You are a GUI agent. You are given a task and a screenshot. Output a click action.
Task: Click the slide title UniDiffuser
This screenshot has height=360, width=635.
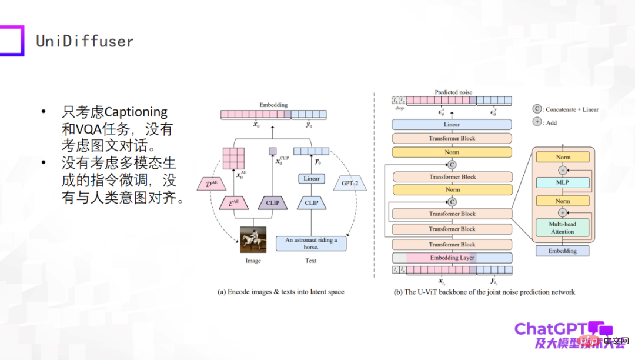tap(85, 41)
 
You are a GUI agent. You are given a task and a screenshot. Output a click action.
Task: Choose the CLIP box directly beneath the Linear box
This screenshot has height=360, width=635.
tap(312, 203)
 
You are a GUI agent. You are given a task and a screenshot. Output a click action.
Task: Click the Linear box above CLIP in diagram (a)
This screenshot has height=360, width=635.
tap(312, 179)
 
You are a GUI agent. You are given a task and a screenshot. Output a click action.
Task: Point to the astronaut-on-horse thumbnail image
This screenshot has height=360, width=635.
tap(253, 240)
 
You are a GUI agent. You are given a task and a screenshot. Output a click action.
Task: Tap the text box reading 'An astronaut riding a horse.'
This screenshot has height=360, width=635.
tap(311, 244)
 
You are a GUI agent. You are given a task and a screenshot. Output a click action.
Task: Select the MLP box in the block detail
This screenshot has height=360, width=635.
tap(563, 183)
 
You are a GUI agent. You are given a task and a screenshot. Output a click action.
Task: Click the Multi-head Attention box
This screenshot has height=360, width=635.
tap(563, 228)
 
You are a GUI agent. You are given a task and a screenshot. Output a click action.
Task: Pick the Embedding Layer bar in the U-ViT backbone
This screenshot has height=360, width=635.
tap(452, 258)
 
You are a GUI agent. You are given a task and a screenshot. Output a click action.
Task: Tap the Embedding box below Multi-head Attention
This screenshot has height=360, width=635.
tap(563, 251)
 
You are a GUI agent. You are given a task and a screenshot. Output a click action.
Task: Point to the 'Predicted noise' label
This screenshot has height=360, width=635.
tap(453, 92)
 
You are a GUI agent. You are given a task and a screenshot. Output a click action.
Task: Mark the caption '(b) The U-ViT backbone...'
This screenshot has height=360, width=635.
tap(484, 292)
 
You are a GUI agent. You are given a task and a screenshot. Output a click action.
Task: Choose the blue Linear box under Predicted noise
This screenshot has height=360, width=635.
tap(452, 125)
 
